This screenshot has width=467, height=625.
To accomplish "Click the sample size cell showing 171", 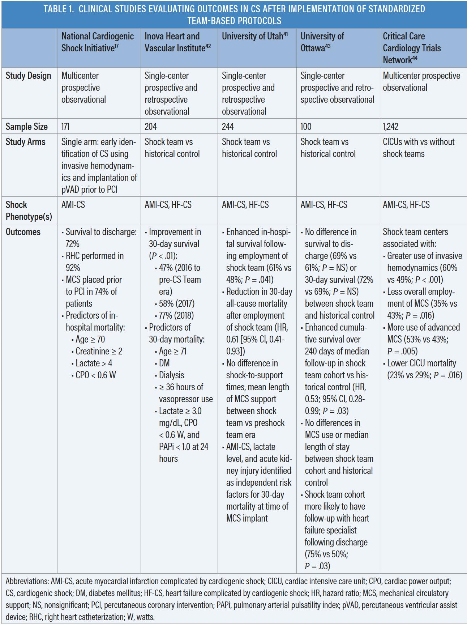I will [x=65, y=127].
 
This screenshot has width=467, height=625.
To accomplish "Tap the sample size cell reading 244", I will [x=228, y=127].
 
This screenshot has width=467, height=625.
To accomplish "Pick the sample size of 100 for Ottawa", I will [x=306, y=127].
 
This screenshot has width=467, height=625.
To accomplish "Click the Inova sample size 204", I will [x=151, y=127].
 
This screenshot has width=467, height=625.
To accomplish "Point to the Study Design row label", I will [x=28, y=76].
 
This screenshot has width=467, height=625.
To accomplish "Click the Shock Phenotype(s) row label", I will [x=29, y=211].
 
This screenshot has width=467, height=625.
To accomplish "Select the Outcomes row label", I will [x=22, y=232].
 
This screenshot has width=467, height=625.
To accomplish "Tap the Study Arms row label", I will [x=25, y=142].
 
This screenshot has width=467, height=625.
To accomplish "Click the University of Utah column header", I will [x=254, y=36].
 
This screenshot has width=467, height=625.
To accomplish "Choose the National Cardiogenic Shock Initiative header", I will [x=97, y=42].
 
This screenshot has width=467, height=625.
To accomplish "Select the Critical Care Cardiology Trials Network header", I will [x=412, y=48].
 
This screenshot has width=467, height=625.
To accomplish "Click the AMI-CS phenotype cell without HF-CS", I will [x=73, y=205].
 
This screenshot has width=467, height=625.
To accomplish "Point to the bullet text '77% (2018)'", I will [x=176, y=315].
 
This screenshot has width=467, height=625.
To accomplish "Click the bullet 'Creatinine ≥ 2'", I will [x=99, y=351].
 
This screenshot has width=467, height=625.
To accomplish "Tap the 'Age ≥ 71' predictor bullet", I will [x=172, y=351].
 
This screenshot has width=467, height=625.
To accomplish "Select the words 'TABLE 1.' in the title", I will [x=59, y=9].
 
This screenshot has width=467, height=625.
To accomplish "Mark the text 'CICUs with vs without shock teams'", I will [x=418, y=148].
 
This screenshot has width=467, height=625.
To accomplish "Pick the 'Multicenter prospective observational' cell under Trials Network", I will [x=421, y=81].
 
